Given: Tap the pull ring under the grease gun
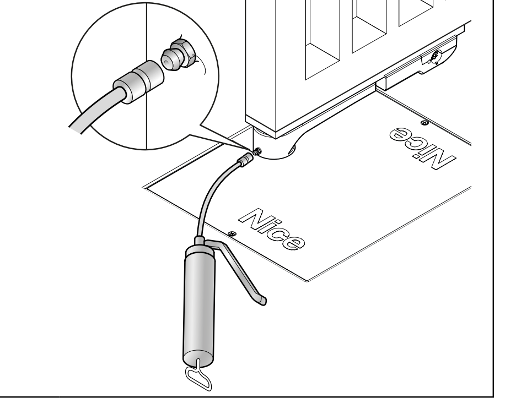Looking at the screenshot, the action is (198, 377).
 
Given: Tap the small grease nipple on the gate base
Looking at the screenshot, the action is (257, 151).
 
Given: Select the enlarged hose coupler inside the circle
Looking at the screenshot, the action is (138, 82).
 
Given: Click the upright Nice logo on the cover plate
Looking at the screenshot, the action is (271, 229).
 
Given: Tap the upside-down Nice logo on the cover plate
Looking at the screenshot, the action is (422, 148).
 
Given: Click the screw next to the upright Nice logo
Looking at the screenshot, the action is (232, 233).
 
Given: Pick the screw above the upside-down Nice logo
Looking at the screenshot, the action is (425, 123).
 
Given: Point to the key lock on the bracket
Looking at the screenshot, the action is (434, 56).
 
